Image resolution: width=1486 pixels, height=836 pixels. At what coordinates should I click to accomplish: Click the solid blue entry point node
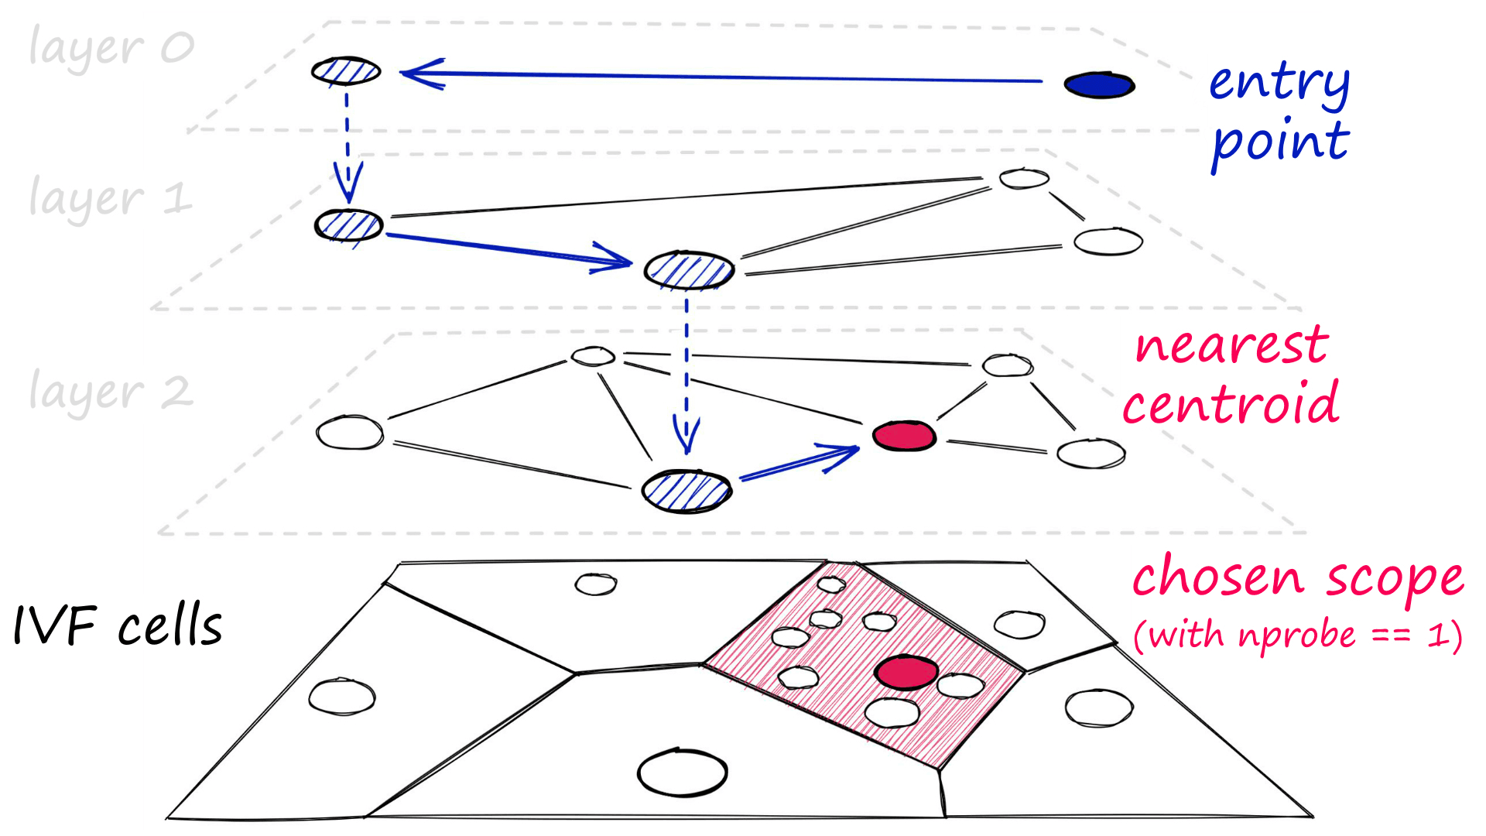click(1099, 85)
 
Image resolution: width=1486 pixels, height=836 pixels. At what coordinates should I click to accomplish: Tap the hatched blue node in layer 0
click(346, 71)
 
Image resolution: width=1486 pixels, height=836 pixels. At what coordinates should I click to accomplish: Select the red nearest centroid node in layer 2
click(904, 436)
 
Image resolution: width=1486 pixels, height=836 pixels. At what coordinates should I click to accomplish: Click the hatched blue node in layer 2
click(687, 491)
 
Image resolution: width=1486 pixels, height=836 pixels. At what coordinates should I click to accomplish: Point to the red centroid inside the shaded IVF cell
click(906, 672)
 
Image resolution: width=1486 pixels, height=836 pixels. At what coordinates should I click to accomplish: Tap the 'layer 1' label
click(109, 198)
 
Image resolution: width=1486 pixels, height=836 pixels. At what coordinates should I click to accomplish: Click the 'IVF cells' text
click(118, 625)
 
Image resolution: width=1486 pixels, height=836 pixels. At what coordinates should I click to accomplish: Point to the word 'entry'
click(1279, 84)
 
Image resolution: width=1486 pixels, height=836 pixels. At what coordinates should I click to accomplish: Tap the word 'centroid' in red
click(1231, 404)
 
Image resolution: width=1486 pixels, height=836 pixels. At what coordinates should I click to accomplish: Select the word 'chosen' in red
click(1218, 577)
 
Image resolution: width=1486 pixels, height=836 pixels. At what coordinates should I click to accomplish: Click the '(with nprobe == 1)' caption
click(1297, 636)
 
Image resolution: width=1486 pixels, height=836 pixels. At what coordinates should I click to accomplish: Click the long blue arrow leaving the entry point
click(720, 77)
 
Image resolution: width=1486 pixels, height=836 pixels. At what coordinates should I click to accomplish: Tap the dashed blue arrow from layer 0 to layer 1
click(348, 147)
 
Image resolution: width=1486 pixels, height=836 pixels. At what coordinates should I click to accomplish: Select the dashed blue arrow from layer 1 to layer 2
click(687, 372)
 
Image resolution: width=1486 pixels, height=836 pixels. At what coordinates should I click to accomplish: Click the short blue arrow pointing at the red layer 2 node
click(797, 462)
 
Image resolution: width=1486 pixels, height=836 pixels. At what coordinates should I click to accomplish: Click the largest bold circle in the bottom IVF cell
click(682, 773)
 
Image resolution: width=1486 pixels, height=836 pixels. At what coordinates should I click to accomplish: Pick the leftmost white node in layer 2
click(350, 432)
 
